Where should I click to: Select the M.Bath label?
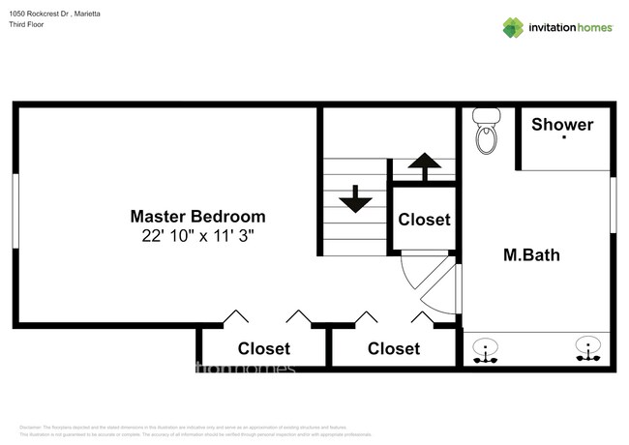point(532,255)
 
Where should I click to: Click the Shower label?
point(562,124)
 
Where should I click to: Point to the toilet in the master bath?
point(486,133)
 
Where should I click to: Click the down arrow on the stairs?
point(355,200)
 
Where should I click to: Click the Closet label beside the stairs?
point(424,220)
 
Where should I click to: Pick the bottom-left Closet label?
point(264,348)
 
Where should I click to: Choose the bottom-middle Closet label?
point(394,348)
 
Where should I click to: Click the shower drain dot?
point(564,138)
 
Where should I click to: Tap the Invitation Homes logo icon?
point(513,27)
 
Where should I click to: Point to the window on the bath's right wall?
point(613,202)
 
